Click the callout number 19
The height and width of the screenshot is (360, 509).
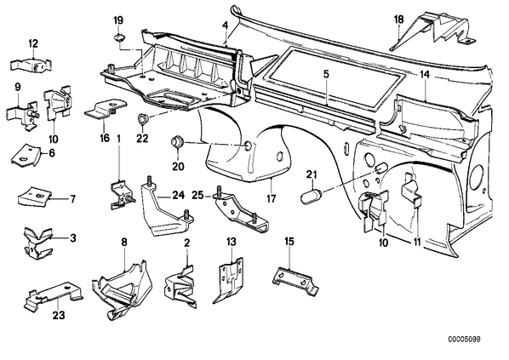tap(118, 20)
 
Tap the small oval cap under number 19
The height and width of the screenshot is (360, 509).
tap(120, 37)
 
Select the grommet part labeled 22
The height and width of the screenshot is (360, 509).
tap(142, 118)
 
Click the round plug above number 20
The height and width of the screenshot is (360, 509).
tap(178, 143)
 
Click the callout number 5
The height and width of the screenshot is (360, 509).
tap(326, 74)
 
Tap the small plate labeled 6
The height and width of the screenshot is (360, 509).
tap(26, 156)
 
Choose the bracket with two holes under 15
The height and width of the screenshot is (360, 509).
tap(295, 280)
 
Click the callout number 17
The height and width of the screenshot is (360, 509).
tap(271, 198)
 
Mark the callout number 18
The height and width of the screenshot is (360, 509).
tap(398, 20)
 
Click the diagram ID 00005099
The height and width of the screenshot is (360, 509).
tap(464, 340)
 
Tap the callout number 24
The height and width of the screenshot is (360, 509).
tap(178, 195)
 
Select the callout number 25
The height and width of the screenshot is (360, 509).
tap(197, 195)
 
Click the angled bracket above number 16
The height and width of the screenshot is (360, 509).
tap(106, 109)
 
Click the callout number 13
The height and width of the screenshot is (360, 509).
tap(232, 243)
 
